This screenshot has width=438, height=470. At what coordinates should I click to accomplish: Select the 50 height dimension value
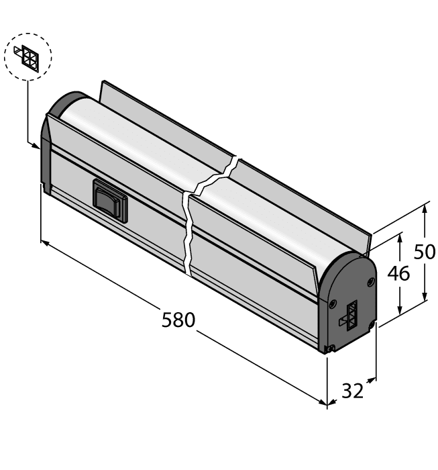424,252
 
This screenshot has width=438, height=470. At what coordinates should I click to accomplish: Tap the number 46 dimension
398,274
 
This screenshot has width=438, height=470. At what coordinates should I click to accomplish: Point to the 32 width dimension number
353,390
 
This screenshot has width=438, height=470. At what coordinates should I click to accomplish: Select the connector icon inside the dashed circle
28,56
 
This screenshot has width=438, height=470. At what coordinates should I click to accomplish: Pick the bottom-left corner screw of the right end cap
329,348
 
